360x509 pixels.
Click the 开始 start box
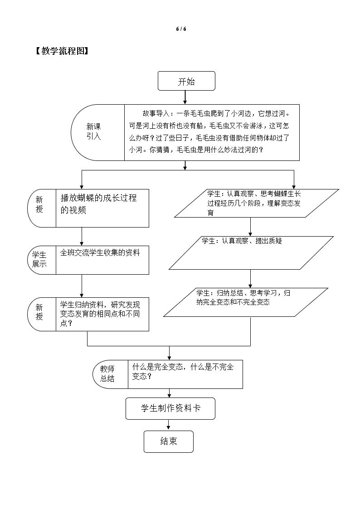pyautogui.click(x=186, y=81)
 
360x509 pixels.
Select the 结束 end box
pyautogui.click(x=168, y=441)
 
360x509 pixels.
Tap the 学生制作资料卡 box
pyautogui.click(x=170, y=408)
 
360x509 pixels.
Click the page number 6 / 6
pyautogui.click(x=181, y=29)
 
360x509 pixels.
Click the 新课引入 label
pyautogui.click(x=94, y=132)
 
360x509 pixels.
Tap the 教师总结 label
pyautogui.click(x=107, y=374)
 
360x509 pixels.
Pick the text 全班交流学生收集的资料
pyautogui.click(x=100, y=253)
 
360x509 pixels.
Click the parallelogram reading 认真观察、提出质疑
pyautogui.click(x=251, y=252)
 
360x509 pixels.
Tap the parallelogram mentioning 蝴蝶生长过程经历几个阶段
pyautogui.click(x=257, y=203)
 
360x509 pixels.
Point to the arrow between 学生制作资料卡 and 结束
pyautogui.click(x=169, y=425)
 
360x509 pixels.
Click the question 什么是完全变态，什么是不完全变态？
pyautogui.click(x=183, y=372)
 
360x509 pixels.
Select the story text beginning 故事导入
pyautogui.click(x=212, y=132)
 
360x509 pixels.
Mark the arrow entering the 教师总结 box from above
pyautogui.click(x=169, y=353)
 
